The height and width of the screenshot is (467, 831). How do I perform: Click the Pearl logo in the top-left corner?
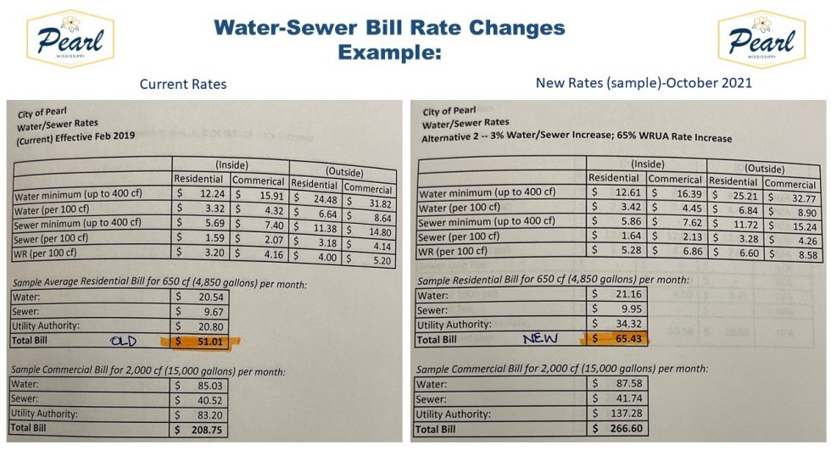coord(71,37)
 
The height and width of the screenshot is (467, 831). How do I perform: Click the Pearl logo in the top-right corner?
coord(760,37)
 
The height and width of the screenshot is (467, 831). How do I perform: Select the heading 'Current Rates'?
coord(183,84)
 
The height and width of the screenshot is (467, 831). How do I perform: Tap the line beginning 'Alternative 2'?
coord(576,137)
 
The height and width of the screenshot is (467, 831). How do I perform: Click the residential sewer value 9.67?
coord(206,311)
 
